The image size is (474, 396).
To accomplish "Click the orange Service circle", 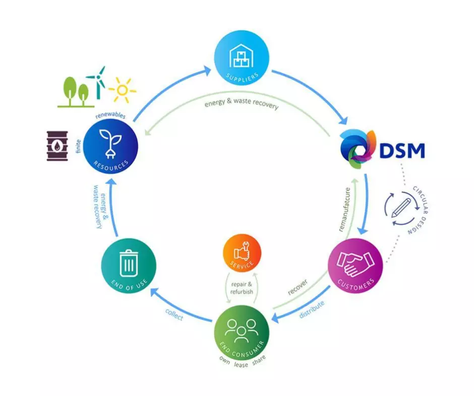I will (242, 252).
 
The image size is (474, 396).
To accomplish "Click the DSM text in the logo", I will (401, 150).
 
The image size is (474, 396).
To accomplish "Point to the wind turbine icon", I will (96, 81).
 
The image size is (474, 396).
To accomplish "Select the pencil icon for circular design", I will (401, 207).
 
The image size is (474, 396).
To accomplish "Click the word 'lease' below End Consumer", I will (241, 365).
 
